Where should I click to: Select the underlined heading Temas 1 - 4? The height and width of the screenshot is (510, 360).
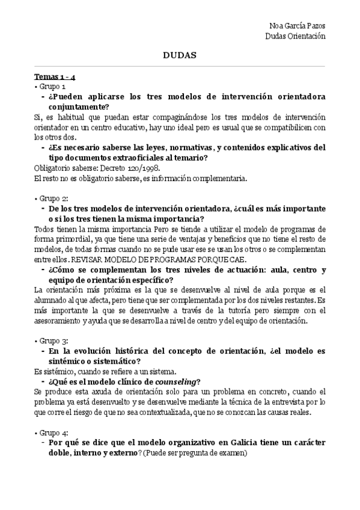(x=54, y=77)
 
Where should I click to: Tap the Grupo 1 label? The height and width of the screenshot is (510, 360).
(x=52, y=87)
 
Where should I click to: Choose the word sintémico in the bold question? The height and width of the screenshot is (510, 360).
(x=70, y=361)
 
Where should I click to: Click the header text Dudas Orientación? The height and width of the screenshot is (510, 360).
(x=295, y=36)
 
